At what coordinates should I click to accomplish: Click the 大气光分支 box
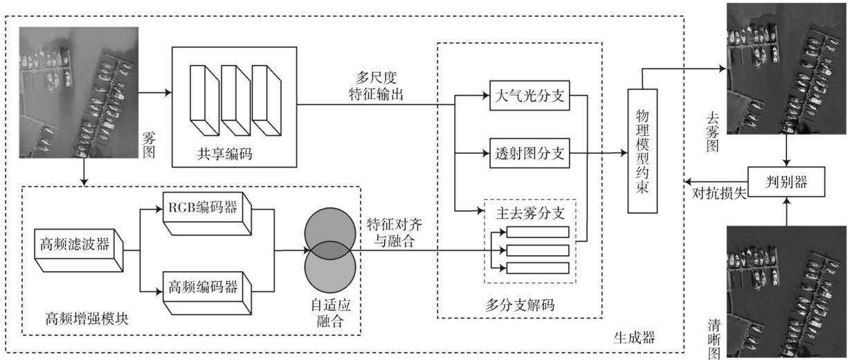click(530, 96)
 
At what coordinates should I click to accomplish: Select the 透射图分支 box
click(530, 153)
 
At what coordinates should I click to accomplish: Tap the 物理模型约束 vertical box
click(642, 151)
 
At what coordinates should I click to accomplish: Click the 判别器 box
click(786, 181)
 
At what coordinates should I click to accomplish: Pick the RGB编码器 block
click(207, 213)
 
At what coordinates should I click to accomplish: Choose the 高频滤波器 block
click(78, 250)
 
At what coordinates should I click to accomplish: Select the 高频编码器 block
click(207, 292)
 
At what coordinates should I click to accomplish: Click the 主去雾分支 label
click(530, 213)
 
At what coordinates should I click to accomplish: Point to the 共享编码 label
click(225, 154)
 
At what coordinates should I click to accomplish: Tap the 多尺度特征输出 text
click(376, 86)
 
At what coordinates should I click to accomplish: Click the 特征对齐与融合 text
click(395, 233)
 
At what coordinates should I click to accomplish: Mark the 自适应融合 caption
click(330, 314)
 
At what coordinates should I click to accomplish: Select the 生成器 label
click(634, 337)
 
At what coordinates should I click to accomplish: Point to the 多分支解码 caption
click(520, 305)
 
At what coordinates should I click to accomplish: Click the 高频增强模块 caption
click(87, 318)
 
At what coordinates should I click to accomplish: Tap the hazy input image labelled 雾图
click(79, 92)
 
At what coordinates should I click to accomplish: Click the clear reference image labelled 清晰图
click(786, 291)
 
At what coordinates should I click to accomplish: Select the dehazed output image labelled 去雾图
click(786, 69)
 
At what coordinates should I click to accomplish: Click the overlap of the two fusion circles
click(330, 251)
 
